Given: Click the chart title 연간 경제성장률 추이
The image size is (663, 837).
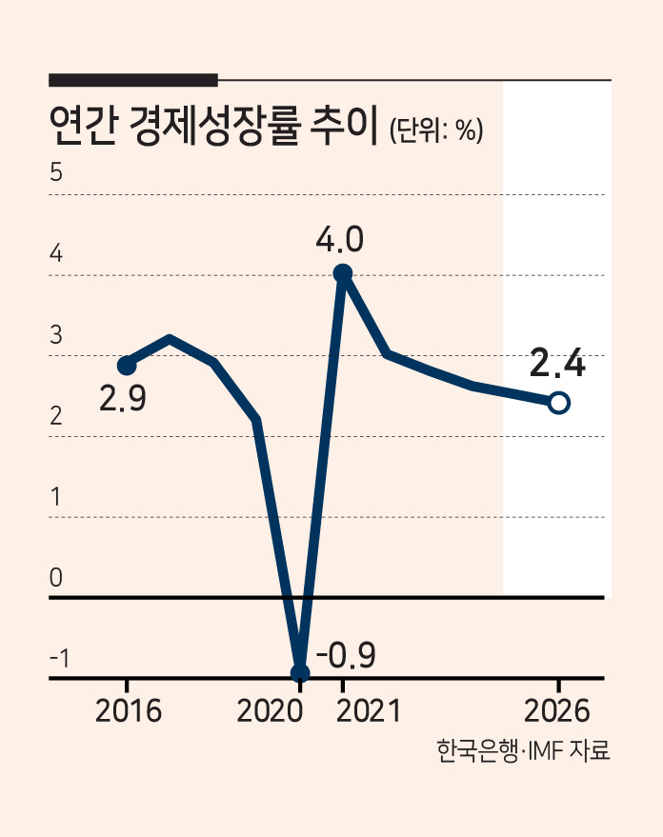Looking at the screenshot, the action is pyautogui.click(x=213, y=127).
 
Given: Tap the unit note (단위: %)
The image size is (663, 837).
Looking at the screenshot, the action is pyautogui.click(x=436, y=130).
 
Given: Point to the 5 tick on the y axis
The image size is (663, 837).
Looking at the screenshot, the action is pyautogui.click(x=56, y=172).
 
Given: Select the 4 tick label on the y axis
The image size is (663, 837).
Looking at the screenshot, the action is pyautogui.click(x=56, y=253).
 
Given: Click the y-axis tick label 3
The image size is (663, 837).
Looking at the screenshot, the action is pyautogui.click(x=56, y=334).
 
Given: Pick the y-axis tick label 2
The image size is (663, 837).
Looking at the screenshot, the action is pyautogui.click(x=56, y=416).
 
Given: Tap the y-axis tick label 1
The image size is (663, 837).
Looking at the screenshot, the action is pyautogui.click(x=56, y=497).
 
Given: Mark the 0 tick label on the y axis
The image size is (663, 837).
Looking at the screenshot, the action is pyautogui.click(x=56, y=578).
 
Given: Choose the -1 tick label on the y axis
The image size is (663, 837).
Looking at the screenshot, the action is pyautogui.click(x=60, y=659).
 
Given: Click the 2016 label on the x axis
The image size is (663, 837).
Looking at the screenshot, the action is pyautogui.click(x=128, y=711).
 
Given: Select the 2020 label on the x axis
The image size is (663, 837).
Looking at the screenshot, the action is pyautogui.click(x=271, y=711).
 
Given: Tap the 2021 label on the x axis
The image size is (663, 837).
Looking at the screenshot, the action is pyautogui.click(x=369, y=711).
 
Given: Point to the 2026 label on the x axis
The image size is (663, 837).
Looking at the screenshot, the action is pyautogui.click(x=557, y=711).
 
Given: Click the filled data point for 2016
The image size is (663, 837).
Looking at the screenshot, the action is pyautogui.click(x=127, y=366).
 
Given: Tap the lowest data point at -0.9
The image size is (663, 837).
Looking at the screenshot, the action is pyautogui.click(x=300, y=673).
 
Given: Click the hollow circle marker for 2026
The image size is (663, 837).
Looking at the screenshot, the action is pyautogui.click(x=559, y=403).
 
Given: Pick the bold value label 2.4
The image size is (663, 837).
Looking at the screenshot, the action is pyautogui.click(x=557, y=363).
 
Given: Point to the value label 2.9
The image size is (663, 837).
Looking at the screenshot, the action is pyautogui.click(x=123, y=398).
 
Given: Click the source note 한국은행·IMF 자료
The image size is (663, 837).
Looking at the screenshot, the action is pyautogui.click(x=523, y=750).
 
